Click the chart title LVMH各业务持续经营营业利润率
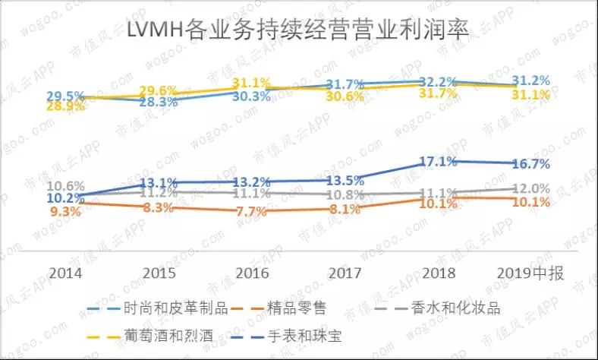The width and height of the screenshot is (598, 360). [x=298, y=32]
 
